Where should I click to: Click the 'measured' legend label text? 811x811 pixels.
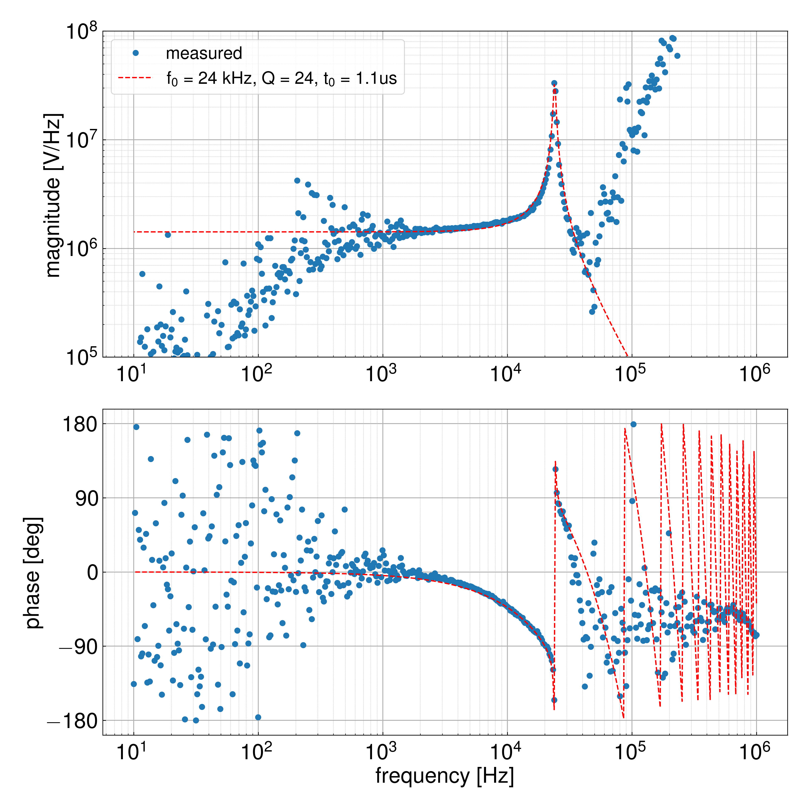tap(204, 53)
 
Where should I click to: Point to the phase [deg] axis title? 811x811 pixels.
tap(33, 573)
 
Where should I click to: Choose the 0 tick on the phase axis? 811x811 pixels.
tap(92, 572)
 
